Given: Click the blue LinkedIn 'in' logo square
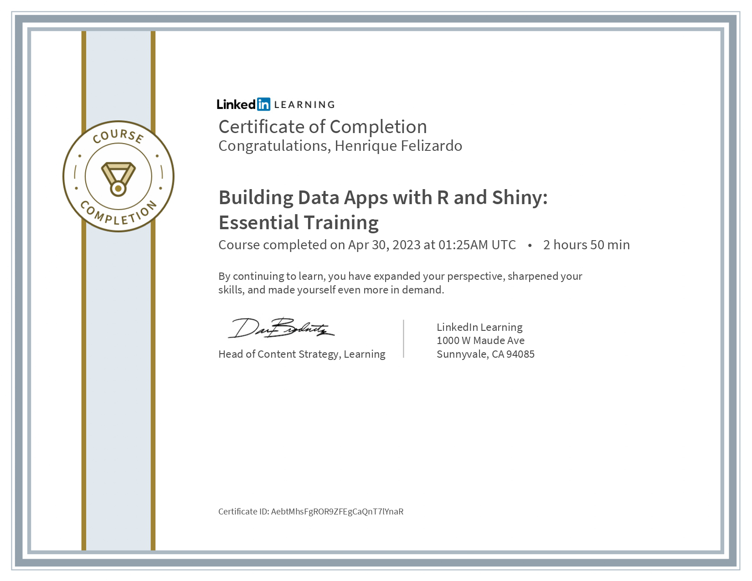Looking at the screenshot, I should [x=263, y=104].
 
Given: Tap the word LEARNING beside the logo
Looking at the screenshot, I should [x=304, y=105].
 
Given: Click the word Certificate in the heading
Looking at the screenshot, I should [x=261, y=127].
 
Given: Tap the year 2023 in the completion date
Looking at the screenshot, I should [x=406, y=245].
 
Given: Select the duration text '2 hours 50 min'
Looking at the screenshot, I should [x=586, y=245].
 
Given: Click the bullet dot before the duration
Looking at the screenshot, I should [x=530, y=245].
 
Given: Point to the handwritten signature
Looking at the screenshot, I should [x=281, y=328].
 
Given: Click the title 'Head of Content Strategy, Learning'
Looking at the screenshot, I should [x=302, y=354].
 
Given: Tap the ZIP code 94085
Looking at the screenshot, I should [x=520, y=354].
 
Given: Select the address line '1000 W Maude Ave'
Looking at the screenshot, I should [x=480, y=340].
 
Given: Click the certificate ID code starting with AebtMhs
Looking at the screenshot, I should [x=337, y=511].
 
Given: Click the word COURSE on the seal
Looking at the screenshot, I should [x=118, y=136].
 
